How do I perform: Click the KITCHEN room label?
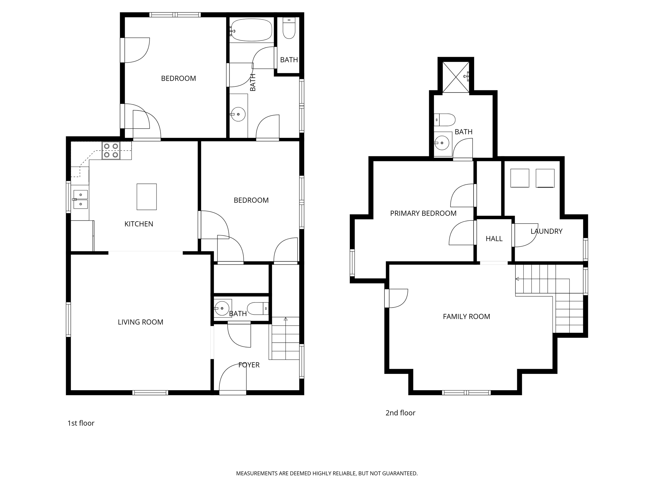(x=139, y=224)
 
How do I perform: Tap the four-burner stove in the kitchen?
(x=111, y=151)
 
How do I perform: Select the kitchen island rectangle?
(x=147, y=197)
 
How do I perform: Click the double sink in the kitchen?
(x=80, y=199)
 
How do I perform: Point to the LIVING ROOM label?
(x=141, y=322)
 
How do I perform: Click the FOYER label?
(x=249, y=365)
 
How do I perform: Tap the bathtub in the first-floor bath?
(x=251, y=30)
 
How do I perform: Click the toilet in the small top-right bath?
(x=289, y=29)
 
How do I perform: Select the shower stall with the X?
(x=456, y=77)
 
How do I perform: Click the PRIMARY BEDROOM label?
(x=423, y=213)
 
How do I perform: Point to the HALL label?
(x=494, y=239)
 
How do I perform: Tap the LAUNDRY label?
(x=546, y=231)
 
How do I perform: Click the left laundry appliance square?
(x=520, y=178)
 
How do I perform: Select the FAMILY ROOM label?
(x=466, y=316)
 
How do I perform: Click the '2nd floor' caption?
(x=400, y=413)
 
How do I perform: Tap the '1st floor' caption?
(x=81, y=423)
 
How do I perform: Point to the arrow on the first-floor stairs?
(x=285, y=319)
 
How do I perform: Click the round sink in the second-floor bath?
(x=442, y=143)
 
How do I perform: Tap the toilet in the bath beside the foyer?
(x=258, y=308)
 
